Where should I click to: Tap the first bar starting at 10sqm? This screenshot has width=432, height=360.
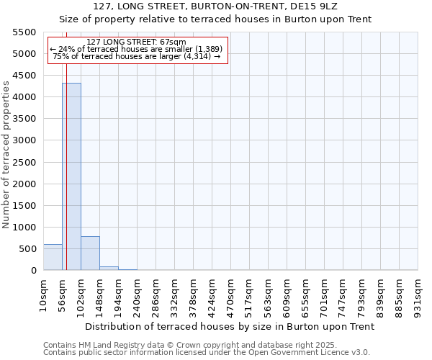tap(53, 257)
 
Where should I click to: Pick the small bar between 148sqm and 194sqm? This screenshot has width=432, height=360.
tap(109, 268)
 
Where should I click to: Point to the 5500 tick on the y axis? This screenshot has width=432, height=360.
tap(24, 32)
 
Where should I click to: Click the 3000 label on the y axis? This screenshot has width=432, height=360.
tap(24, 140)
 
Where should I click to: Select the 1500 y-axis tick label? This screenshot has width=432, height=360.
tap(24, 206)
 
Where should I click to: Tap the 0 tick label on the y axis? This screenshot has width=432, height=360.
tap(33, 271)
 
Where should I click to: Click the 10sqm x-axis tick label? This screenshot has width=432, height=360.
tap(44, 294)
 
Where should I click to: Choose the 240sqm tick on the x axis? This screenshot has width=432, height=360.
tap(138, 296)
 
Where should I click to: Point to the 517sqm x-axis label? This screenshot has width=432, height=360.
tap(250, 296)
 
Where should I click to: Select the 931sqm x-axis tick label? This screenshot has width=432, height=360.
tap(418, 296)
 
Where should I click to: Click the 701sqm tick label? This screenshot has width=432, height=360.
tap(325, 296)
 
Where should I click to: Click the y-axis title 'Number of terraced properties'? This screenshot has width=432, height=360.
tap(6, 155)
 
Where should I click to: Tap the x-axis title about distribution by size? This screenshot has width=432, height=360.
tap(230, 326)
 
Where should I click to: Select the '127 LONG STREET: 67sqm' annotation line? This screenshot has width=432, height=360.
tap(136, 42)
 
